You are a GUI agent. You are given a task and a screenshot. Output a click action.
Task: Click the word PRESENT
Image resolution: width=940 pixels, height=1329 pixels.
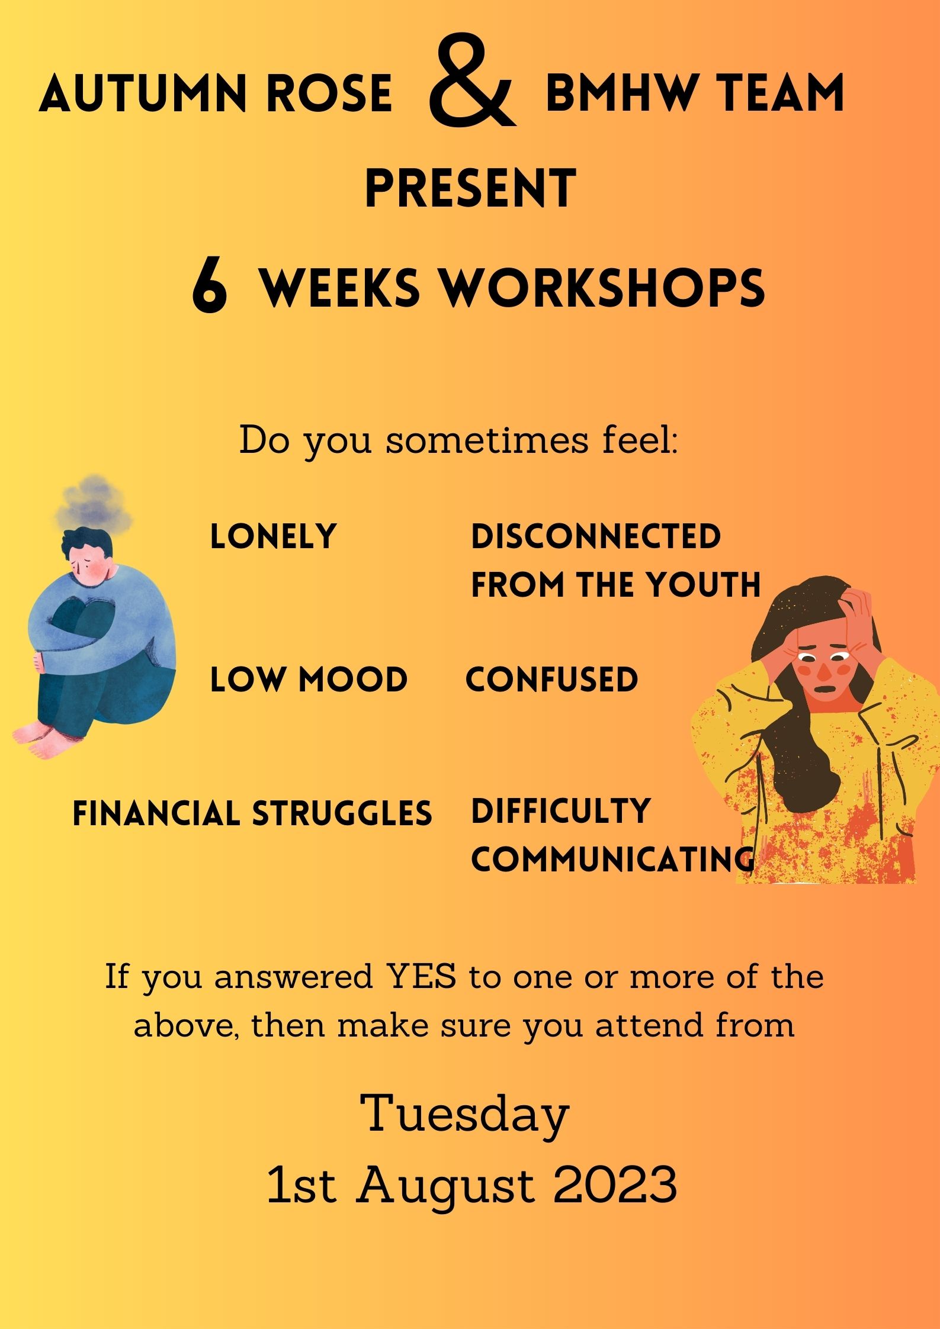(x=470, y=188)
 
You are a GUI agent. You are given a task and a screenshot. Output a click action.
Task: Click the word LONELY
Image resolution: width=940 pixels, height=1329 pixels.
(x=273, y=536)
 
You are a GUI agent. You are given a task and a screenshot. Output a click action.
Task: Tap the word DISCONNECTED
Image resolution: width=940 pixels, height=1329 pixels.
(x=596, y=536)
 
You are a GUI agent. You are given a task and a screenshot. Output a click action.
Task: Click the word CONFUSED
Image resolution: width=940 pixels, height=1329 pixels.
(x=552, y=679)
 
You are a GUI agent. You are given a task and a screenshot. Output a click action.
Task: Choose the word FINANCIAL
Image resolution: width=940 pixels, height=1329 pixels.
(x=156, y=813)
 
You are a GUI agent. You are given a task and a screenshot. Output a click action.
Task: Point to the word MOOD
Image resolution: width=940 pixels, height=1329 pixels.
(x=353, y=679)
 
